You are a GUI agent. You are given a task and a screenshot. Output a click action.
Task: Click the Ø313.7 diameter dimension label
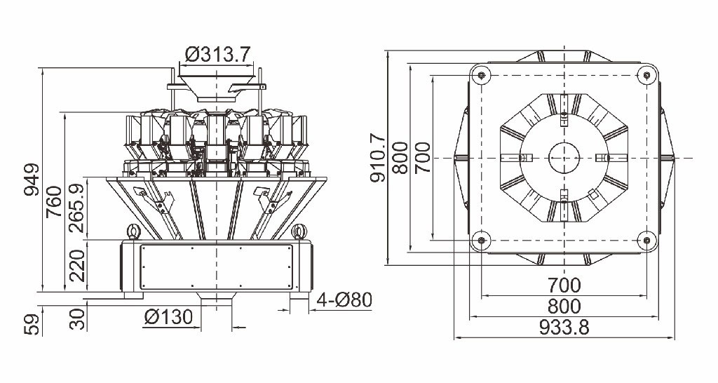click(217, 55)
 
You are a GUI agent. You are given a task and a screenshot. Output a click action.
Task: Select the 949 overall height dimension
click(32, 179)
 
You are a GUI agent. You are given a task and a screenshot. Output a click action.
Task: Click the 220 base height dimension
click(76, 266)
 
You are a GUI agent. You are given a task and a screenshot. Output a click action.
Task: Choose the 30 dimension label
click(76, 319)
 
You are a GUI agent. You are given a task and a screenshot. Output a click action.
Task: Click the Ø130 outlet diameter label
click(168, 317)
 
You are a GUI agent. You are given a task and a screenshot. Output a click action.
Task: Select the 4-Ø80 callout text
click(344, 300)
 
